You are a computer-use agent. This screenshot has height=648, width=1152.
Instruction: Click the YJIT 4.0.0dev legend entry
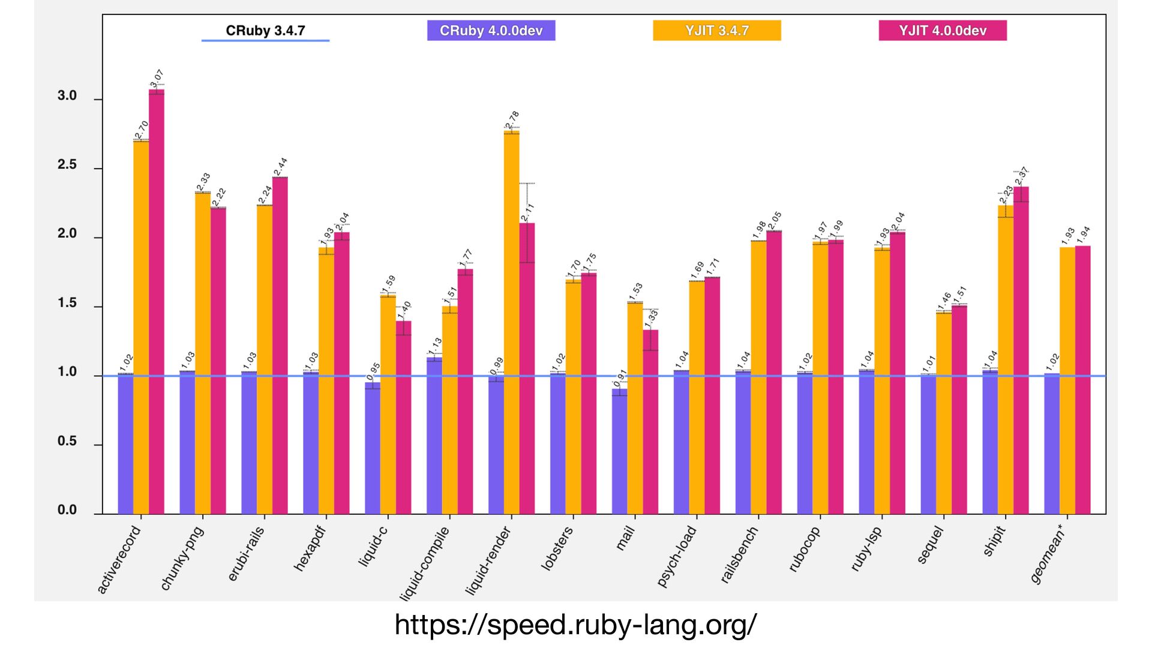click(942, 31)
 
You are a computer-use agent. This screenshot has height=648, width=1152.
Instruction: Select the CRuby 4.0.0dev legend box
click(491, 31)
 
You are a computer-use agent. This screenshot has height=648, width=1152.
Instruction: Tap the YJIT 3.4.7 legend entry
click(716, 31)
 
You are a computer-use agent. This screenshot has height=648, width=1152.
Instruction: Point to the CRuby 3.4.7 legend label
click(265, 31)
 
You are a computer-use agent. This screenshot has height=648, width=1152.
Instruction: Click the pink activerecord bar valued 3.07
click(157, 300)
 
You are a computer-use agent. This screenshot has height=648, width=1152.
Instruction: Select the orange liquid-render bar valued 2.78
click(512, 324)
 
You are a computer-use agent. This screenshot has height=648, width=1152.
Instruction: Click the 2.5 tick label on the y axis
click(67, 165)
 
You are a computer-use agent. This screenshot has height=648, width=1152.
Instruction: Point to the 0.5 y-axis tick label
click(67, 442)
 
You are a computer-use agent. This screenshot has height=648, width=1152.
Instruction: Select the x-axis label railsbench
click(739, 555)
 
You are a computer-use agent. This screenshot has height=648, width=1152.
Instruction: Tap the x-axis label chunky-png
click(182, 558)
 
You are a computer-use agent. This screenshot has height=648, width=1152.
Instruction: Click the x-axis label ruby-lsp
click(866, 549)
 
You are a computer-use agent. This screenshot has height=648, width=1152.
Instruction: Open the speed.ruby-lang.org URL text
click(575, 625)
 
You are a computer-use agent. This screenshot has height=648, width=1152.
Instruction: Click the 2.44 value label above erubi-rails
click(280, 167)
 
